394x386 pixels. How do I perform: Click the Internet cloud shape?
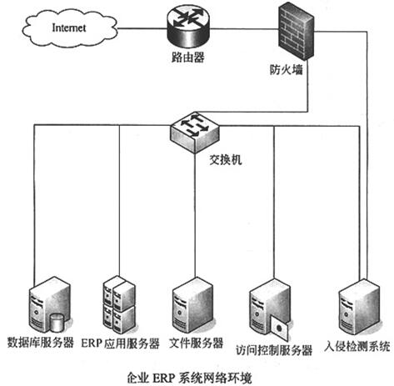(69, 28)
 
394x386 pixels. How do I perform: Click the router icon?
(188, 27)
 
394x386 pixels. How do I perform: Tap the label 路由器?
(188, 58)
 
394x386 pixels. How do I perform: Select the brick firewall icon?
(297, 33)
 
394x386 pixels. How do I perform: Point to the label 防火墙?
(286, 69)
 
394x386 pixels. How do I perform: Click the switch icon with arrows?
(194, 133)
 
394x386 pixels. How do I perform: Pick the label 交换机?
(226, 160)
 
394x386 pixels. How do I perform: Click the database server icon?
(50, 305)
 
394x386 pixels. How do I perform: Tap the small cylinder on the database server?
(57, 323)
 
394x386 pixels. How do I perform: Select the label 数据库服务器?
(41, 343)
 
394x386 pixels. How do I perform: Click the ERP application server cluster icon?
(119, 304)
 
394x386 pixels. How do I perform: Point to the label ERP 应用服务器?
(120, 343)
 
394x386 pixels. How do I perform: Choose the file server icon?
(193, 305)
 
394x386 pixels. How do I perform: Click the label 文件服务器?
(197, 343)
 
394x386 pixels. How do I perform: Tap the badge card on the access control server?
(280, 329)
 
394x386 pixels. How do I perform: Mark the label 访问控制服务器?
(274, 350)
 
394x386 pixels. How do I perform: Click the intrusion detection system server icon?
(360, 307)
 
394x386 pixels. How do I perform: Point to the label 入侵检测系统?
(357, 346)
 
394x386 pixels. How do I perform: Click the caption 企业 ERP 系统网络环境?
(189, 378)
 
